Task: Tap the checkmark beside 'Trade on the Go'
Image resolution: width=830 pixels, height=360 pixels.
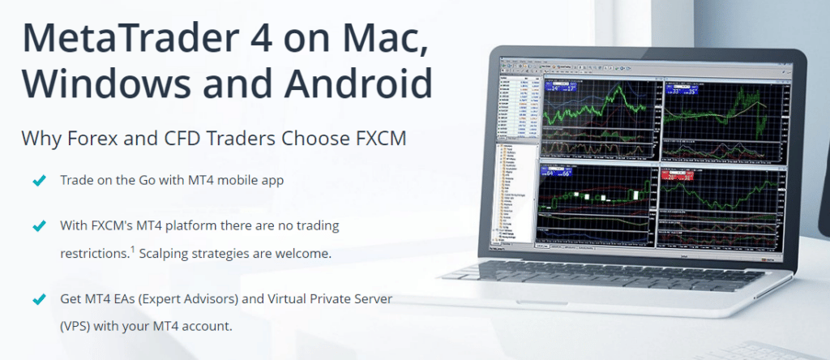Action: [37, 180]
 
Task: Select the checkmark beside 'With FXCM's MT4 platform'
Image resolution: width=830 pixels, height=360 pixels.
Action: [37, 225]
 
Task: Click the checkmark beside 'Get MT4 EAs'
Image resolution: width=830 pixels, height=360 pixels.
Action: [37, 299]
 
